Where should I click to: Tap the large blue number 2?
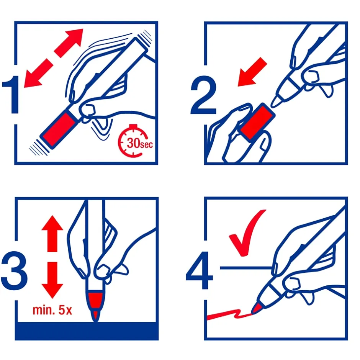[203, 95]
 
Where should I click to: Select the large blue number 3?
[14, 271]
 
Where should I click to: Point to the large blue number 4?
[199, 270]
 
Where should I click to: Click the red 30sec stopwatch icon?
[134, 141]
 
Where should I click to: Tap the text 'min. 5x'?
[52, 310]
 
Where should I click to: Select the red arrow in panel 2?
[252, 72]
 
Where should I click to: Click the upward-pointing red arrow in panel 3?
[52, 234]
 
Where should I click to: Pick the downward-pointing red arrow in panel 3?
[52, 280]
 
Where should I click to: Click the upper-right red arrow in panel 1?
[69, 43]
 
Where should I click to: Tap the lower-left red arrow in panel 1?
[38, 73]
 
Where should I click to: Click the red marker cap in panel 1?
[59, 129]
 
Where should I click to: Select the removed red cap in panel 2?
[258, 122]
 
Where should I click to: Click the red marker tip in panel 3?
[95, 305]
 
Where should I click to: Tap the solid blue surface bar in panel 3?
[87, 331]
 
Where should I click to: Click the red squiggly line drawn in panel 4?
[229, 314]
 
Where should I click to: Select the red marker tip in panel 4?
[257, 308]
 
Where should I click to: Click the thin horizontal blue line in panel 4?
[246, 268]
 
